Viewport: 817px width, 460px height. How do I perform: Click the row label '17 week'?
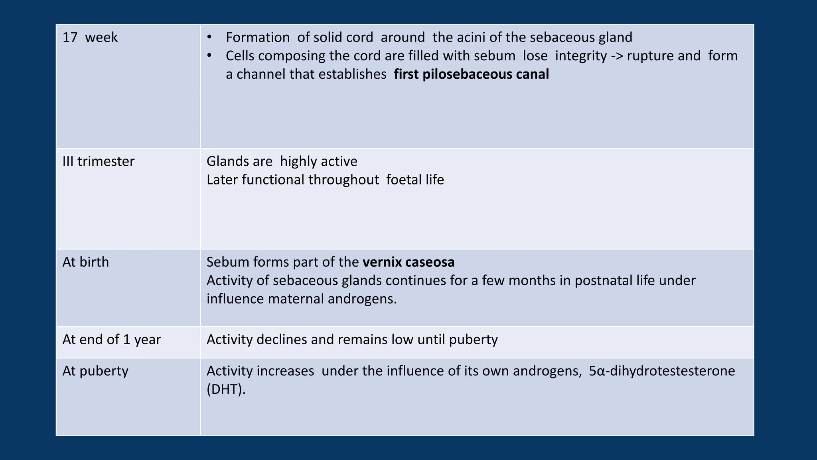[90, 38]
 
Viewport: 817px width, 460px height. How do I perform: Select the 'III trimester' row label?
[99, 161]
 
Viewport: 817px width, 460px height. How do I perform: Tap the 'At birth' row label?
[86, 262]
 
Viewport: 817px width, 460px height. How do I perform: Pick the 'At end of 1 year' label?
[112, 339]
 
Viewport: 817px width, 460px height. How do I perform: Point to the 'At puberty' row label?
[95, 371]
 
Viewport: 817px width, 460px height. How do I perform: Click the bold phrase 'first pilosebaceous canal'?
[471, 74]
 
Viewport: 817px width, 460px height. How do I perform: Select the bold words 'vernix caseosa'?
[408, 262]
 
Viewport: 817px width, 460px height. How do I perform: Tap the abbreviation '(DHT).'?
[226, 389]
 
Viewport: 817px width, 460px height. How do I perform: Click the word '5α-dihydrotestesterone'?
[662, 371]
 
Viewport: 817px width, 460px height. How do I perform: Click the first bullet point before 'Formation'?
[209, 38]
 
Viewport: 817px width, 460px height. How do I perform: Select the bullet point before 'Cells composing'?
[209, 56]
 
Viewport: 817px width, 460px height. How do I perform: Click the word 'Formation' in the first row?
[258, 38]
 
